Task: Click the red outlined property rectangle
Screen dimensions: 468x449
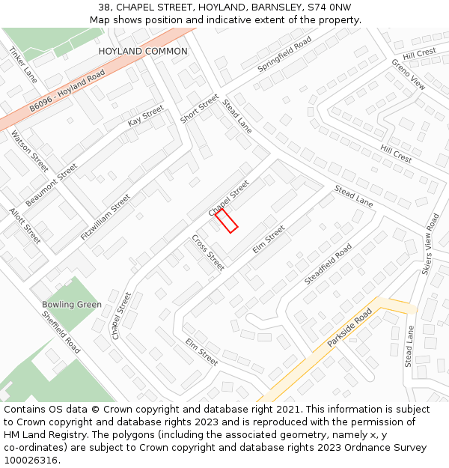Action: click(227, 221)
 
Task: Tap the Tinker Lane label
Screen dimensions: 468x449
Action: click(23, 64)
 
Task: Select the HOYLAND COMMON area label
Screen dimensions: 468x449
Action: click(143, 51)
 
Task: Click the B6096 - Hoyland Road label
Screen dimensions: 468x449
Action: click(67, 94)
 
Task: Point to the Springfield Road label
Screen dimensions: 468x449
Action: click(284, 55)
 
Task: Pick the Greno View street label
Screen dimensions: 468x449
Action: click(408, 74)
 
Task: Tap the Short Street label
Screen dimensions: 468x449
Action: click(199, 109)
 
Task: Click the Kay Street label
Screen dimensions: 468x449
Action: click(145, 115)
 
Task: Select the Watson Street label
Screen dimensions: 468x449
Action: click(30, 151)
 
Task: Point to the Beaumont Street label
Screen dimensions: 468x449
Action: click(51, 185)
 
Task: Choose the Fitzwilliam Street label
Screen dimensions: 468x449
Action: click(106, 217)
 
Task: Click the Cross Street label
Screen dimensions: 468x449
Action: click(208, 252)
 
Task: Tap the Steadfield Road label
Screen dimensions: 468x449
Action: click(328, 264)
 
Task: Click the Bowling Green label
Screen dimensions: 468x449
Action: click(72, 305)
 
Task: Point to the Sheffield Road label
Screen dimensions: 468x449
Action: click(61, 333)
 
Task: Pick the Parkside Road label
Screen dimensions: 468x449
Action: click(349, 328)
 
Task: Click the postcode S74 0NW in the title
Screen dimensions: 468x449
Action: click(329, 7)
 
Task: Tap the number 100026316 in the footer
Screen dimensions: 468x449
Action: click(31, 461)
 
